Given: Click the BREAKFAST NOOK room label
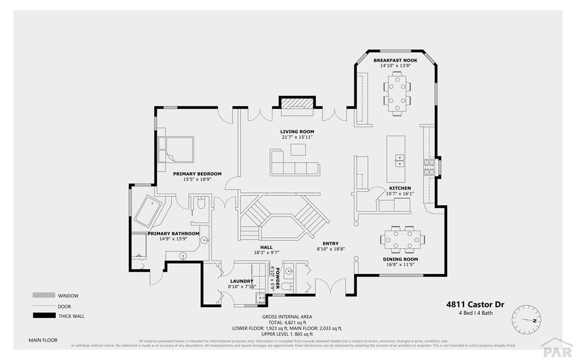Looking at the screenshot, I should coord(396,60).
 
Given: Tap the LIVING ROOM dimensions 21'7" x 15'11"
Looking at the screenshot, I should coord(298,137).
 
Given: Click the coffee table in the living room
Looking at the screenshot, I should coord(298,149).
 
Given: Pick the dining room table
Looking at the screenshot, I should coord(401,239).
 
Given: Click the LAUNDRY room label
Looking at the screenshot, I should coord(241,281).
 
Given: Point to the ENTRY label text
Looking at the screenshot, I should coord(330,244).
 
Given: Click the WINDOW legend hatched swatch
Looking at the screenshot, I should coord(44,295).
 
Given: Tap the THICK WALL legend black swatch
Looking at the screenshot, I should coord(44,316).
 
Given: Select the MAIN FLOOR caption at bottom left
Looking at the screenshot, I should coord(43,340).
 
